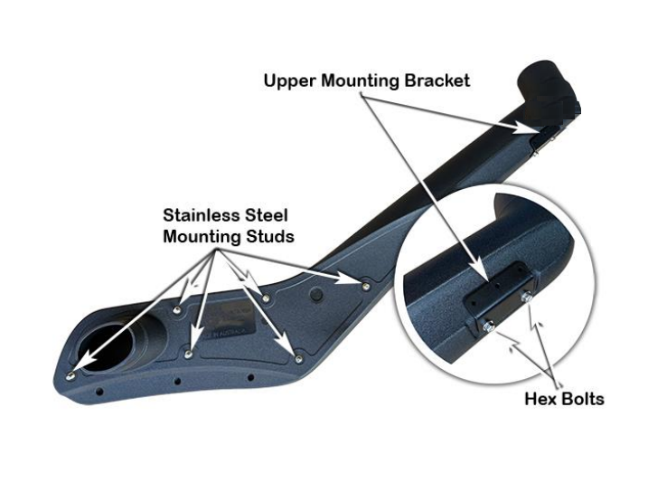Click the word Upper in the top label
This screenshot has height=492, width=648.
pyautogui.click(x=287, y=81)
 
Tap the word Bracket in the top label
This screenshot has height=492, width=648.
pyautogui.click(x=437, y=81)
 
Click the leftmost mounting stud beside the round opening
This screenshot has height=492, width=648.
pyautogui.click(x=71, y=371)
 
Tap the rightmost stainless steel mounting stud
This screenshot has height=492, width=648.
pyautogui.click(x=365, y=284)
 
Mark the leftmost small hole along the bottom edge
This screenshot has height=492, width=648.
pyautogui.click(x=100, y=395)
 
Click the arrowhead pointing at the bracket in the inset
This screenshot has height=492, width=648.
pyautogui.click(x=476, y=270)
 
